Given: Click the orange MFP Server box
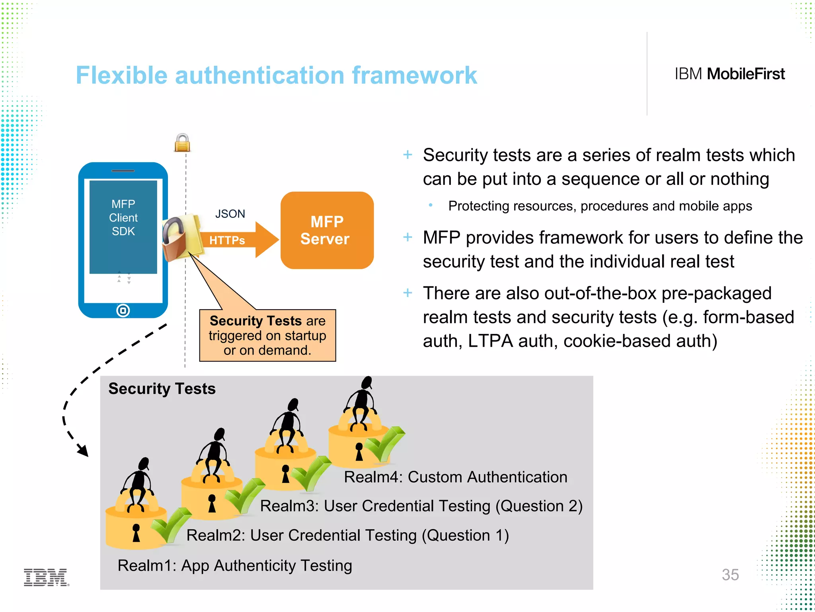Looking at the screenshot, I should pyautogui.click(x=327, y=230).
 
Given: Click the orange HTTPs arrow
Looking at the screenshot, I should pyautogui.click(x=239, y=240).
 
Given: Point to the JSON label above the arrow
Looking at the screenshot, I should pyautogui.click(x=230, y=214).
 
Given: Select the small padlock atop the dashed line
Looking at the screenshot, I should pyautogui.click(x=182, y=143).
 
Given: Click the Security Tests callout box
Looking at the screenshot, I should pyautogui.click(x=267, y=335).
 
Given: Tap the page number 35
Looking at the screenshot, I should pyautogui.click(x=730, y=575).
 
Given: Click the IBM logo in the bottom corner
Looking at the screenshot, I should pyautogui.click(x=46, y=577).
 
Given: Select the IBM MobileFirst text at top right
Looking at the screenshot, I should pyautogui.click(x=729, y=74).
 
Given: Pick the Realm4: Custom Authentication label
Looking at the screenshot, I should pyautogui.click(x=455, y=477).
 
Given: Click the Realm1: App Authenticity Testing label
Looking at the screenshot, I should pyautogui.click(x=235, y=565).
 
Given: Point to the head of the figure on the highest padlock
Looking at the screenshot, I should pyautogui.click(x=367, y=382).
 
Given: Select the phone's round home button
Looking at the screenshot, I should pyautogui.click(x=123, y=310).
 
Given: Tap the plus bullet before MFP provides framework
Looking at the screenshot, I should pyautogui.click(x=407, y=237).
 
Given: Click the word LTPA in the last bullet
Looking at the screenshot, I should pyautogui.click(x=490, y=341).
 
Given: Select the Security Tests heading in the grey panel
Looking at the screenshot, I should pyautogui.click(x=162, y=388).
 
